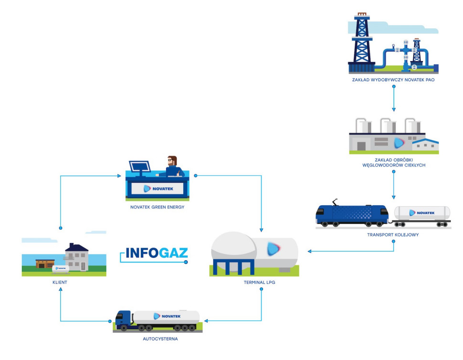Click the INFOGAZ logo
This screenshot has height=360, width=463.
pyautogui.click(x=157, y=253)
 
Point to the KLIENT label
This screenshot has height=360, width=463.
pyautogui.click(x=60, y=282)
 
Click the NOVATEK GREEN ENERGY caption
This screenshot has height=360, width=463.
pyautogui.click(x=157, y=207)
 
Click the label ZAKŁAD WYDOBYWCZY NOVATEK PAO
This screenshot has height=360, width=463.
pyautogui.click(x=393, y=80)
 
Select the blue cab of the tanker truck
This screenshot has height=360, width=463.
pyautogui.click(x=123, y=319)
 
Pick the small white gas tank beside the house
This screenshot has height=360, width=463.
pyautogui.click(x=61, y=269)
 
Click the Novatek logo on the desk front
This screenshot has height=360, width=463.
pyautogui.click(x=158, y=189)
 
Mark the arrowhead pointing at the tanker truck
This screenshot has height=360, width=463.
pyautogui.click(x=207, y=320)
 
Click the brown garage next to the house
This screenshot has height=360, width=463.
pyautogui.click(x=46, y=264)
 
